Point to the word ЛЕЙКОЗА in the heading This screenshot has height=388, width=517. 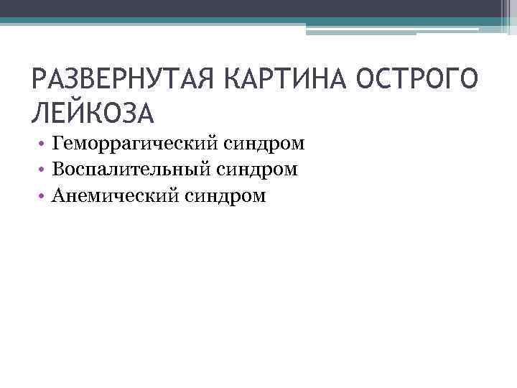point(93,112)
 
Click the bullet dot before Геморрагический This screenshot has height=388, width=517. point(45,144)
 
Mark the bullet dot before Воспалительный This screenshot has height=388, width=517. point(45,170)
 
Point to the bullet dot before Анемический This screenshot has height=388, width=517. point(45,196)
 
